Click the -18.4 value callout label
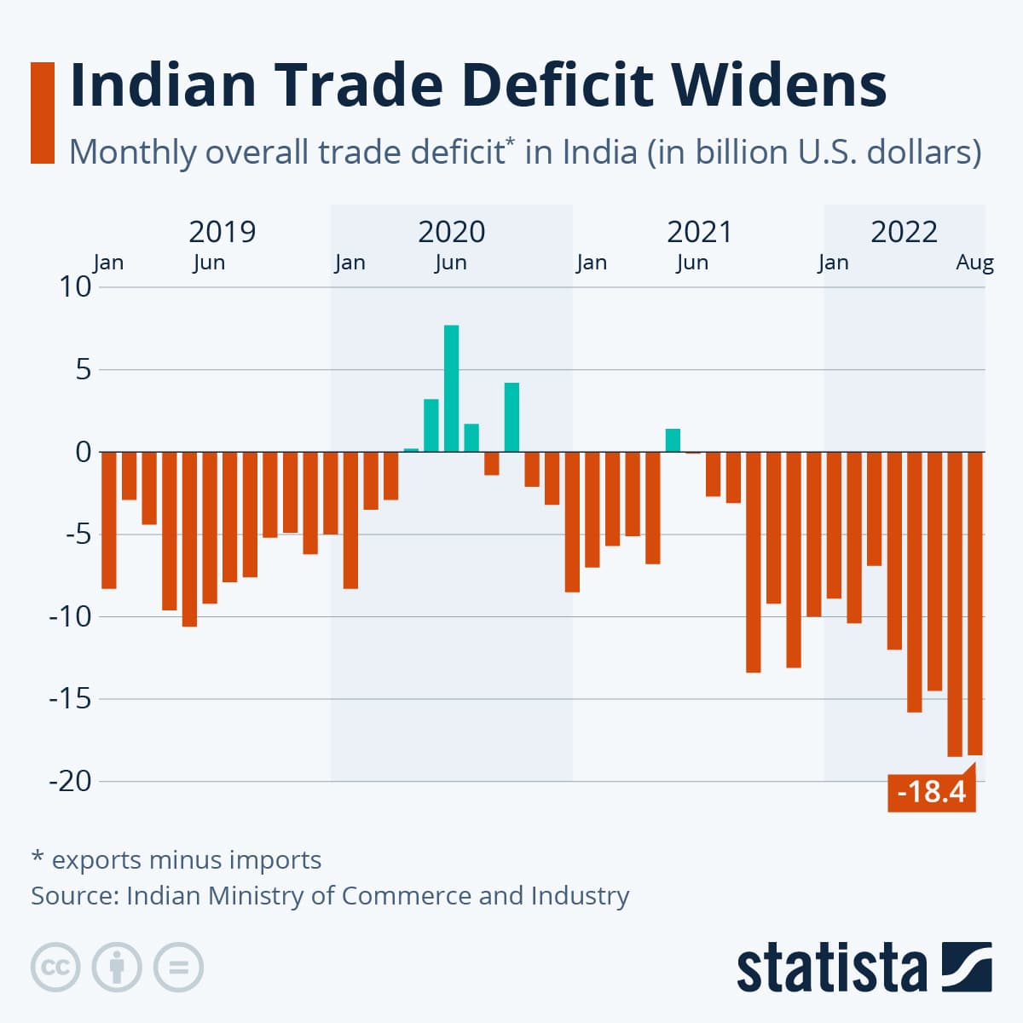point(931,792)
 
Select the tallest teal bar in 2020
point(451,388)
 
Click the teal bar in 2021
point(673,440)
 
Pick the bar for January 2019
point(108,520)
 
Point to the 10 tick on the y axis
point(75,287)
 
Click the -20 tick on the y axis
point(70,781)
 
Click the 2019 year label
point(222,232)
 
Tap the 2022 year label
point(904,232)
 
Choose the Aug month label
point(974,263)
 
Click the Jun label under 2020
point(450,263)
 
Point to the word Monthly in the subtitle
point(132,153)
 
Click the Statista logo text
point(831,968)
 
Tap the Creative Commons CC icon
point(55,968)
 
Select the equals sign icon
point(178,968)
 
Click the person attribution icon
point(117,968)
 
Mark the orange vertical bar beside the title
point(42,112)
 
